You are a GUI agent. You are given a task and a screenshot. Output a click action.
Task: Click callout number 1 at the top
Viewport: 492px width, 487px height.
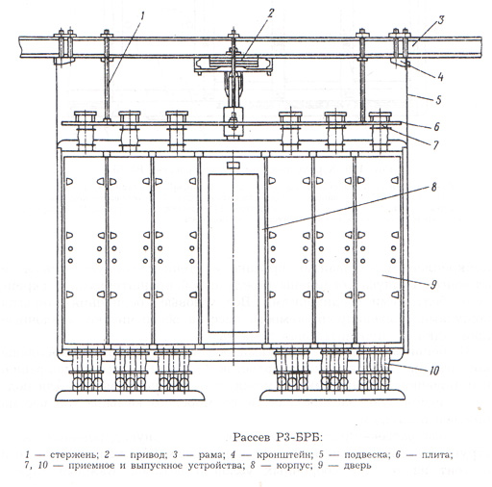(142, 16)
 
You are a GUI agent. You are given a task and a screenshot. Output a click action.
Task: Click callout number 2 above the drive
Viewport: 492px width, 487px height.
(271, 13)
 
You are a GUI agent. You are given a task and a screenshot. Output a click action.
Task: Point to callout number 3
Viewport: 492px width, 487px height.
(441, 20)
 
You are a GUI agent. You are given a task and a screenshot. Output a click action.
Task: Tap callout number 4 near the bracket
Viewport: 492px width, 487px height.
(440, 76)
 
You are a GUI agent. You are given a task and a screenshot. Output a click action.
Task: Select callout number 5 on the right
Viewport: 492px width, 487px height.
(438, 100)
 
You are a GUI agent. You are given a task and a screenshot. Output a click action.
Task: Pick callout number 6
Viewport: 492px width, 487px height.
(436, 126)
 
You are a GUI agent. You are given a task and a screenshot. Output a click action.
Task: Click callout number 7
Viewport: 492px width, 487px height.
(435, 145)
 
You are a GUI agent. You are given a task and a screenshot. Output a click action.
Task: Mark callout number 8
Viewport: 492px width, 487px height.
(433, 187)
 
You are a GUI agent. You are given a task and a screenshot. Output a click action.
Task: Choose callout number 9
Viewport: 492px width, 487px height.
(433, 284)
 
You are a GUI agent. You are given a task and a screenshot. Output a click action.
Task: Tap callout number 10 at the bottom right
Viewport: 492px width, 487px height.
(433, 371)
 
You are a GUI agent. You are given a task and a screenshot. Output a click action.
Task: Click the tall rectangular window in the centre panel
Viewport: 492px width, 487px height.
(234, 253)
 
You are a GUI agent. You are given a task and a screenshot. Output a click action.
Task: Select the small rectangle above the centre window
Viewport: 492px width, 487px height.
(234, 166)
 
